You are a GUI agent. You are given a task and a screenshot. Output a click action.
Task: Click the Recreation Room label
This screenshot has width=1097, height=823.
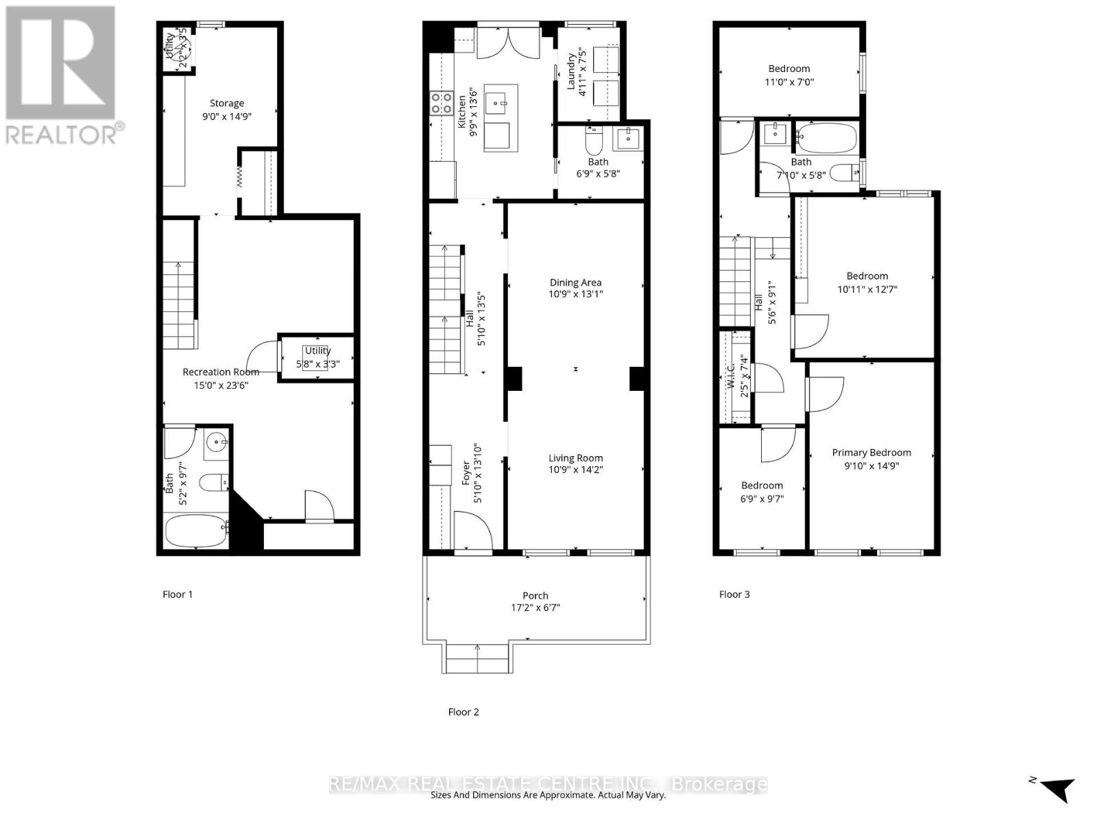tap(221, 372)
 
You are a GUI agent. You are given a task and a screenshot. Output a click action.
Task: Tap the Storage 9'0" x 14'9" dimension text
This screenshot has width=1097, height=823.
tap(227, 117)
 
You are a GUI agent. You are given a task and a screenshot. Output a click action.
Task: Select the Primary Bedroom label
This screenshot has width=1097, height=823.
tap(871, 453)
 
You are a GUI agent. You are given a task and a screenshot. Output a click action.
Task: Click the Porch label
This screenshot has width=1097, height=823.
tap(535, 596)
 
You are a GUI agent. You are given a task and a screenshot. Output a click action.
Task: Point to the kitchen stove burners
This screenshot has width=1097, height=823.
tap(441, 103)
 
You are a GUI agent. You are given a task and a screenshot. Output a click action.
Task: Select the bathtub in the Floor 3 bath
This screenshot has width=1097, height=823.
tap(828, 138)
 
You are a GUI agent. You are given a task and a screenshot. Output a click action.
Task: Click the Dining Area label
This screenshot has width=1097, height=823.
tap(575, 283)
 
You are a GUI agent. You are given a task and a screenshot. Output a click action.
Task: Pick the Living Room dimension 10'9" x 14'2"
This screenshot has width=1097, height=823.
tap(575, 470)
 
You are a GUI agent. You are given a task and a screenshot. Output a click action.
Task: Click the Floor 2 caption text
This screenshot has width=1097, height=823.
tap(463, 712)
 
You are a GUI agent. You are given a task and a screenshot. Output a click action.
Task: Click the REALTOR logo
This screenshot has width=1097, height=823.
tap(62, 75)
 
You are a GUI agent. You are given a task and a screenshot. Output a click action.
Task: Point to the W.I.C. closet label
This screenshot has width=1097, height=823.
tap(731, 376)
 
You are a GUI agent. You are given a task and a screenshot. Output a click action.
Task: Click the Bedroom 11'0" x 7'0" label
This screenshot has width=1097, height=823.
tap(789, 69)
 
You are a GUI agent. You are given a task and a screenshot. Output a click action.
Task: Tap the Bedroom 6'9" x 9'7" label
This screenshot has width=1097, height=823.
tap(762, 486)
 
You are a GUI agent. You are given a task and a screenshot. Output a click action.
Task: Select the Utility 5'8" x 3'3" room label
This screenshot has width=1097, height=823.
tap(317, 350)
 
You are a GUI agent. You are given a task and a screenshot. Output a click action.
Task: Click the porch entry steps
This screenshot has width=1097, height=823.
tap(478, 658)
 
